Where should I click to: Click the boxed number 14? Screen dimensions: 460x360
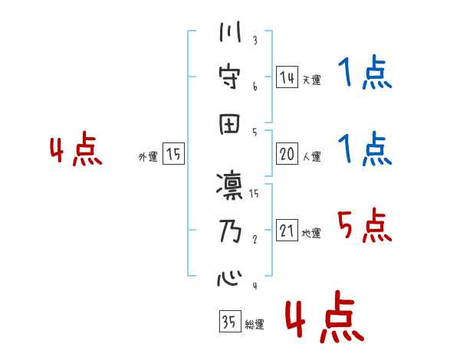pos(287,77)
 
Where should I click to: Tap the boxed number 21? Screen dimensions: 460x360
pos(287,231)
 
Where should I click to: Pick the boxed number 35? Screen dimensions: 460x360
pos(228,322)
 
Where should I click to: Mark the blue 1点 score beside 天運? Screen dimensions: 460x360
pos(363,75)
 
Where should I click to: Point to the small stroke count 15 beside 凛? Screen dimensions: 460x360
pos(254,195)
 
